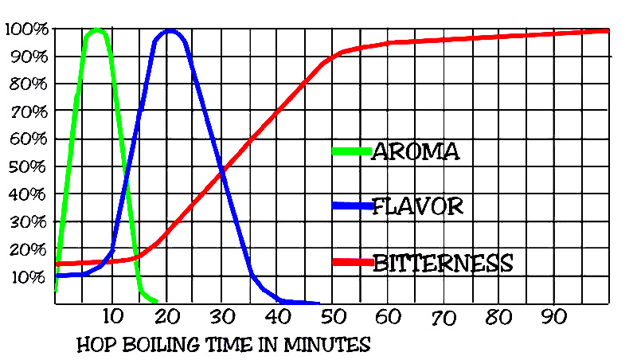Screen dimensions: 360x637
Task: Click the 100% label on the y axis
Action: point(27,30)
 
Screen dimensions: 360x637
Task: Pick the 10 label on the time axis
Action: point(112,317)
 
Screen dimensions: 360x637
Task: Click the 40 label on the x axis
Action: point(277,317)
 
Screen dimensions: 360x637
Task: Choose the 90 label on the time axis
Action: point(553,317)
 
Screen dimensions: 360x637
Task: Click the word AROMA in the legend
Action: point(416,151)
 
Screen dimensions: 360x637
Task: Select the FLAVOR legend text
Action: point(418,207)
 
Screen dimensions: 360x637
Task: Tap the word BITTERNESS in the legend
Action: point(443,262)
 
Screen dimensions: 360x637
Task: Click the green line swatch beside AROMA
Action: point(351,151)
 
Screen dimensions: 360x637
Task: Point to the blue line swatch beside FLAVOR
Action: point(351,206)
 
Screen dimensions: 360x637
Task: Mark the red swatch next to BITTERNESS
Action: point(351,262)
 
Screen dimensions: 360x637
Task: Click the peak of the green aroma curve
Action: point(96,30)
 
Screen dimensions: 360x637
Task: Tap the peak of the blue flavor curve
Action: point(169,31)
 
